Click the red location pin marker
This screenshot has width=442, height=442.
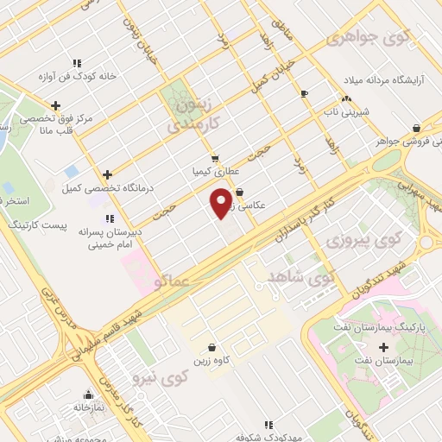[222, 202]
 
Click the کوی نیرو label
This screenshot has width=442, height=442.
[161, 376]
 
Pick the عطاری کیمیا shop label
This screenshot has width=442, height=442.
[214, 172]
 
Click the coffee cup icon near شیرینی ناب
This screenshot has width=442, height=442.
[304, 93]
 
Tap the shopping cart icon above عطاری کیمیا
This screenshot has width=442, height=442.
[215, 158]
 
